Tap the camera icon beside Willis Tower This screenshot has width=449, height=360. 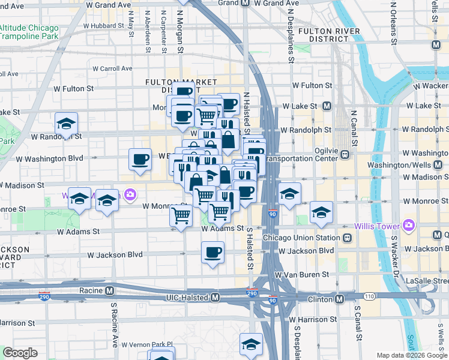409,226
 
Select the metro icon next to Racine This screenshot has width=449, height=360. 109,290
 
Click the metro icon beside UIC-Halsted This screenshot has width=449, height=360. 215,298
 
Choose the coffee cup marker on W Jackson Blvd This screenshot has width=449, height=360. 212,252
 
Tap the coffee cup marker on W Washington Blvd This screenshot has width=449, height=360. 140,159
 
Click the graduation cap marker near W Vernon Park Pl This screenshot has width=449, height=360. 251,344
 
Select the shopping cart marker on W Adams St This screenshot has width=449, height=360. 181,215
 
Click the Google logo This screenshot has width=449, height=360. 20,353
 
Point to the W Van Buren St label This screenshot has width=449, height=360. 302,274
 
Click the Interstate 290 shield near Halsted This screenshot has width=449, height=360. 253,293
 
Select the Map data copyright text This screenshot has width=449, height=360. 411,355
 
